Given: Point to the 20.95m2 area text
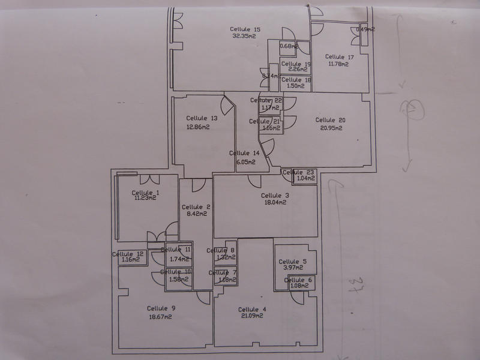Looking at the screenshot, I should tap(331, 127).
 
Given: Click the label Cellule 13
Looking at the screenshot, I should tap(202, 118).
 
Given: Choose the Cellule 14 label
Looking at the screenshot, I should tap(245, 153).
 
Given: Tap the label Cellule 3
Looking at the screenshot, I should tap(275, 196).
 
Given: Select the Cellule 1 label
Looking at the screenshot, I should tap(146, 192).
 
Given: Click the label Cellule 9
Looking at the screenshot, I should tap(161, 308).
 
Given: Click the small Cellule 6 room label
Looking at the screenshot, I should tap(298, 280).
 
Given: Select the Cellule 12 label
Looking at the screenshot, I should tap(128, 254).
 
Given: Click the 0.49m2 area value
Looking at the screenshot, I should tap(365, 29).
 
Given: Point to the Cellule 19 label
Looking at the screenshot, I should tap(296, 64).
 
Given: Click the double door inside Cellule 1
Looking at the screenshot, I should tap(149, 179).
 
